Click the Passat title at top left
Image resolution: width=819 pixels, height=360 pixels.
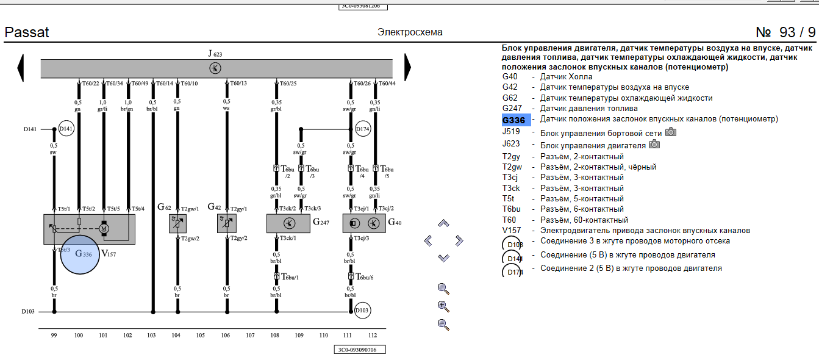[27, 32]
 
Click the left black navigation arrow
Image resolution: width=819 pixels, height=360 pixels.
[20, 68]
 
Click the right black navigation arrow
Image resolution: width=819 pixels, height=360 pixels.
[407, 67]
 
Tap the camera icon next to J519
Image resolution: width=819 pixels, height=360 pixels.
[670, 132]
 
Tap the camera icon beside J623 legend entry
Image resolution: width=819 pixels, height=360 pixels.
[654, 144]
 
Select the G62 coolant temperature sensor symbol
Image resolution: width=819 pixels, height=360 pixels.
[177, 223]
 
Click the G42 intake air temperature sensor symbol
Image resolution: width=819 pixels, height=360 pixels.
[226, 223]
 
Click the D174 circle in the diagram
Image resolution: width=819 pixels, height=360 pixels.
[363, 129]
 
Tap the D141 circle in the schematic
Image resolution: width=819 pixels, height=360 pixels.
[66, 129]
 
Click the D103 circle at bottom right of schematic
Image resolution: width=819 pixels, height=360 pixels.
[362, 311]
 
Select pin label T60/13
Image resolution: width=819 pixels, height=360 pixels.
[238, 83]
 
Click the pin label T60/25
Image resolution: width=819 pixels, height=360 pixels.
[288, 83]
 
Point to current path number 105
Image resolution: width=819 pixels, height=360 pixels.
[201, 336]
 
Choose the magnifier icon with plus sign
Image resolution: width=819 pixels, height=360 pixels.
[443, 306]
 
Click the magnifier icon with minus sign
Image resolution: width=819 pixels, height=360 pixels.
[443, 325]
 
